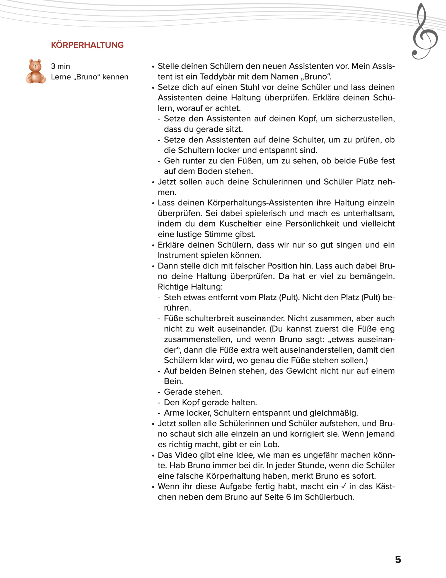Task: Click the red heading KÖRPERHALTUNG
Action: tap(87, 45)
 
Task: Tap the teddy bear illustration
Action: tap(35, 71)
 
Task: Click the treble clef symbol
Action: tap(425, 32)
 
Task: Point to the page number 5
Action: tap(398, 560)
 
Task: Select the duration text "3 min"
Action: tap(60, 66)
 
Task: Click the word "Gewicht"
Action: tap(294, 371)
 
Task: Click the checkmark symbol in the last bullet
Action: tap(343, 486)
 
